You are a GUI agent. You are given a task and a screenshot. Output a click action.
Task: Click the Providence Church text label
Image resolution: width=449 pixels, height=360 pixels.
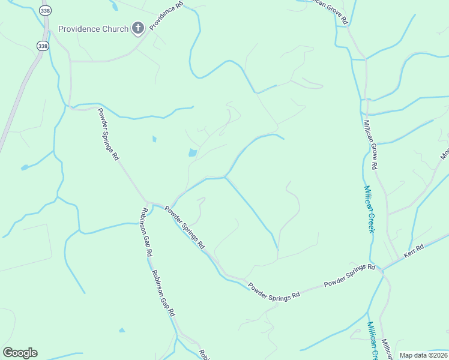93,29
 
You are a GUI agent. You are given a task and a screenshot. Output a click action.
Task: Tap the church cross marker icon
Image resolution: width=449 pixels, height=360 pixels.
138,28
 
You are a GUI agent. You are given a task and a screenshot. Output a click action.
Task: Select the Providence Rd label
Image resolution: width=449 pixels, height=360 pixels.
166,17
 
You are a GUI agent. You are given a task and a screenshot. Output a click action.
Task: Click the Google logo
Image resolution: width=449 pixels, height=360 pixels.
20,353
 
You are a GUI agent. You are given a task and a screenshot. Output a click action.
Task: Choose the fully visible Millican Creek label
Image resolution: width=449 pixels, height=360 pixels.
370,209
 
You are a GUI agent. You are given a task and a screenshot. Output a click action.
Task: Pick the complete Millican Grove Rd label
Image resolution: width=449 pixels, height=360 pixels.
370,144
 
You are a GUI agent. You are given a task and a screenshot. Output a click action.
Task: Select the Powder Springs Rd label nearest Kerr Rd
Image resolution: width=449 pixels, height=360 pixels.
349,275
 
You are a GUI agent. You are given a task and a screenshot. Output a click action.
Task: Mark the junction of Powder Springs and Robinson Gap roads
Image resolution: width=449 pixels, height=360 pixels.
148,202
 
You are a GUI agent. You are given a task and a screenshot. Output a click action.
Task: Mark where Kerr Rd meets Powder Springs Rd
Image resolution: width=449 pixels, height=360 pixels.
382,269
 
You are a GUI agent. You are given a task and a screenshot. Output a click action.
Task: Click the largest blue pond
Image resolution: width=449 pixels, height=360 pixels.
193,153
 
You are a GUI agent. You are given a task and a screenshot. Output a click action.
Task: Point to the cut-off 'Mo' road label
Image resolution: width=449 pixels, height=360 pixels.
445,154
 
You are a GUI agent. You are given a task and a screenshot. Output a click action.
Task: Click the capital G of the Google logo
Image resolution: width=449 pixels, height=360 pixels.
8,352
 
